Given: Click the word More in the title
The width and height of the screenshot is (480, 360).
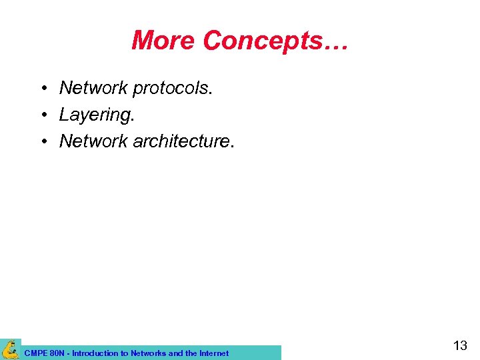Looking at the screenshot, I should [163, 41].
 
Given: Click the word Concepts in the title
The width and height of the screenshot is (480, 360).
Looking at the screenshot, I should [263, 41].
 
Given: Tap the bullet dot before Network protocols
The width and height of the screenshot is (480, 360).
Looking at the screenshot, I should [43, 88].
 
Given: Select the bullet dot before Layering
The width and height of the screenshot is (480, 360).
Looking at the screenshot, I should [43, 115].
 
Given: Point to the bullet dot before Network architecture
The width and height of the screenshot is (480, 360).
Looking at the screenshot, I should [43, 141].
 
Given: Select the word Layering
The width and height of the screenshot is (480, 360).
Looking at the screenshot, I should [97, 115].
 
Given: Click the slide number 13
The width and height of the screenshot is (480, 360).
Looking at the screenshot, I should [460, 345].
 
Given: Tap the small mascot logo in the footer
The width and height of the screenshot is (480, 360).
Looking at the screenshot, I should [11, 349].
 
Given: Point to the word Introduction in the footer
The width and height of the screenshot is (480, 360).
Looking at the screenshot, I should [96, 353].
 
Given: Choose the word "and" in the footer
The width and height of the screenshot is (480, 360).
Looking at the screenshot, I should [176, 353].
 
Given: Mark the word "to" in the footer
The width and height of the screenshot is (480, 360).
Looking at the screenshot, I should [125, 353].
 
